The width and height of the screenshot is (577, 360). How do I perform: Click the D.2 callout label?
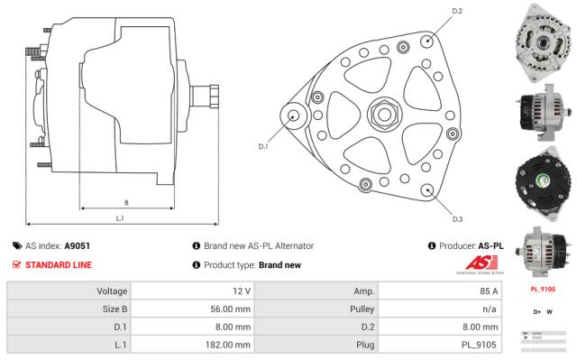(x=431, y=11)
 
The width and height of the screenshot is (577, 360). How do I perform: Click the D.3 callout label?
(x=431, y=219)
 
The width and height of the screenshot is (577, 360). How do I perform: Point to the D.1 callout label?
(x=263, y=145)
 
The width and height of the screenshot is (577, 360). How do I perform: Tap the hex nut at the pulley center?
(x=383, y=115)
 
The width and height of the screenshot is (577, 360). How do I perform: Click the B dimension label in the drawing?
(x=125, y=202)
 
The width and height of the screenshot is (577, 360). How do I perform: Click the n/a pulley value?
(x=489, y=309)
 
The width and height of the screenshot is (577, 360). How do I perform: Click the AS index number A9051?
(x=77, y=245)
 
